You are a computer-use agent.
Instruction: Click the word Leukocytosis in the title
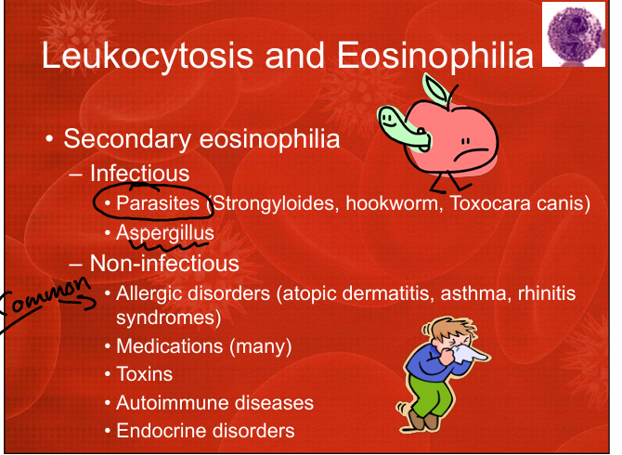(148, 56)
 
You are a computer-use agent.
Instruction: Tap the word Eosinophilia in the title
(435, 55)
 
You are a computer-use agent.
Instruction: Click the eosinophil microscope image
(574, 34)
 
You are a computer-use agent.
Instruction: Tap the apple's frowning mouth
(471, 153)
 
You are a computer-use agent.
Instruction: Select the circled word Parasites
(158, 203)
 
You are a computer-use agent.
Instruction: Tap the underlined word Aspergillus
(165, 233)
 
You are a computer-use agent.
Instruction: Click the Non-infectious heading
(164, 263)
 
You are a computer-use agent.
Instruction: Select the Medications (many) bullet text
(203, 346)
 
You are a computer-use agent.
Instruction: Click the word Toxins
(145, 374)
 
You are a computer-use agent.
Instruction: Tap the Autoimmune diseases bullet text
(214, 403)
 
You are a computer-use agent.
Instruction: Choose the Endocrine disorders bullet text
(205, 431)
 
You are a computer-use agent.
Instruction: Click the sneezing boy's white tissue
(469, 353)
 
